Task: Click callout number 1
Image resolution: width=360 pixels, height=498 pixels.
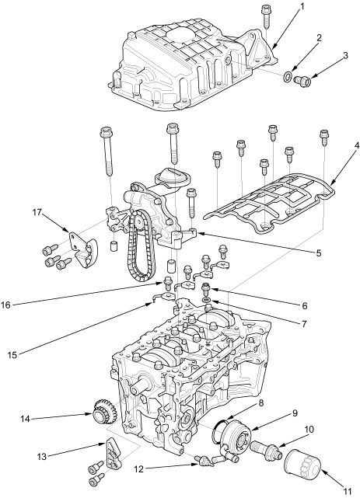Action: tap(302, 7)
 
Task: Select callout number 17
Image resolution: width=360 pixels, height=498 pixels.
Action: tap(37, 212)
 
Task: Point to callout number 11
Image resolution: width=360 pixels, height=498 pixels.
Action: tap(348, 492)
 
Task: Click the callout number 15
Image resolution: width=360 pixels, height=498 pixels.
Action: tap(12, 355)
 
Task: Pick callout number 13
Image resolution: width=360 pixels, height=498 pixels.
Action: tap(42, 457)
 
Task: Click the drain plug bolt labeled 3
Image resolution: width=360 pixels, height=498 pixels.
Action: tap(302, 81)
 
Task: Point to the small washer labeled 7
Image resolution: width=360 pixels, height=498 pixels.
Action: tap(206, 300)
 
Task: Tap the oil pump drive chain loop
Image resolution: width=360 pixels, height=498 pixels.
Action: tap(140, 248)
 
